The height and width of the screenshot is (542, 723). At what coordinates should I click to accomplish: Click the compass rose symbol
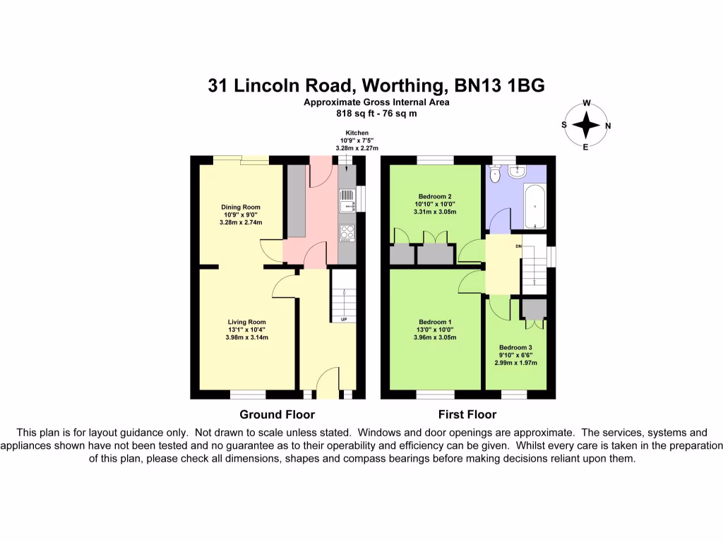(x=585, y=126)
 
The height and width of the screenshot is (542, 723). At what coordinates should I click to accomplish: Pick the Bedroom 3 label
(x=515, y=347)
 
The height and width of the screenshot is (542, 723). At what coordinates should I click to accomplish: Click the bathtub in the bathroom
(x=534, y=206)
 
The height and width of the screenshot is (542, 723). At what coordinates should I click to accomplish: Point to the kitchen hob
(x=347, y=232)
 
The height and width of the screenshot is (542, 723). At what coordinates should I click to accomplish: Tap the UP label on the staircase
(x=344, y=320)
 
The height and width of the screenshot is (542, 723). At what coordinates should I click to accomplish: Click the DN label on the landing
(x=518, y=246)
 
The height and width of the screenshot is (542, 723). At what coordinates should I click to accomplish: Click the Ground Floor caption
(x=277, y=414)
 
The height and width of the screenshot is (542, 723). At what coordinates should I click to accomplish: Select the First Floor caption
(x=467, y=414)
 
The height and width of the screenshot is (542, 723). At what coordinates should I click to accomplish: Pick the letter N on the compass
(x=609, y=126)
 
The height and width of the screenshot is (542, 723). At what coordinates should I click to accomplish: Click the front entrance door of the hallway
(x=326, y=384)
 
